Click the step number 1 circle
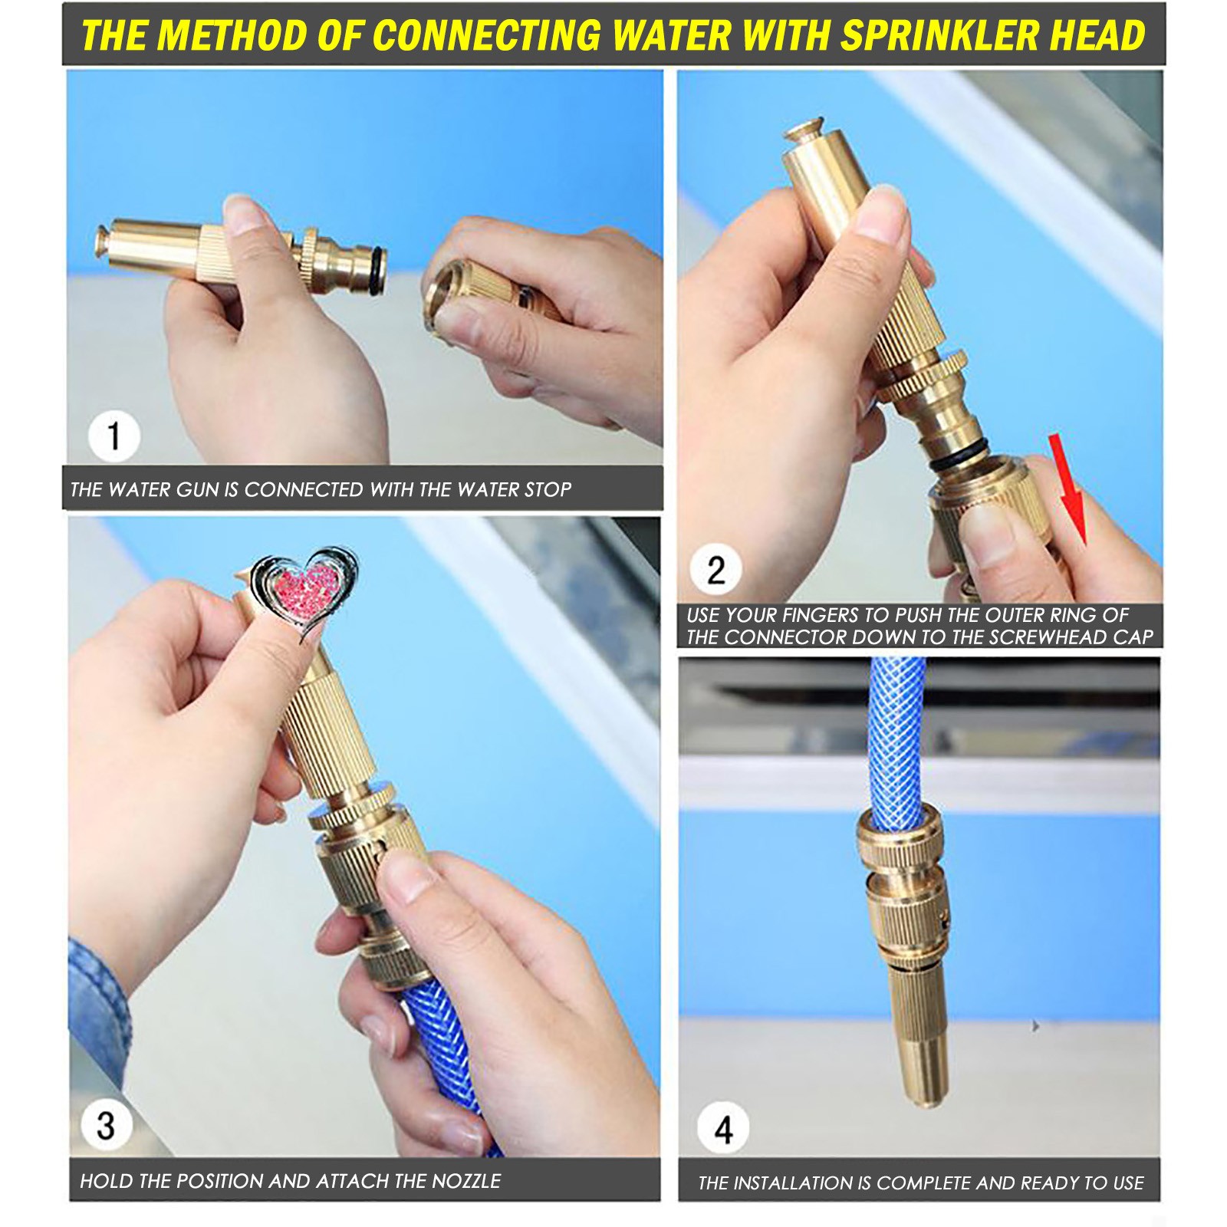pos(114,436)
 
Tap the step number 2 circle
pos(715,570)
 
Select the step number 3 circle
pos(106,1126)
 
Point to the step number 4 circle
pos(723,1128)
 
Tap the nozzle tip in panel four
pos(927,1098)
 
